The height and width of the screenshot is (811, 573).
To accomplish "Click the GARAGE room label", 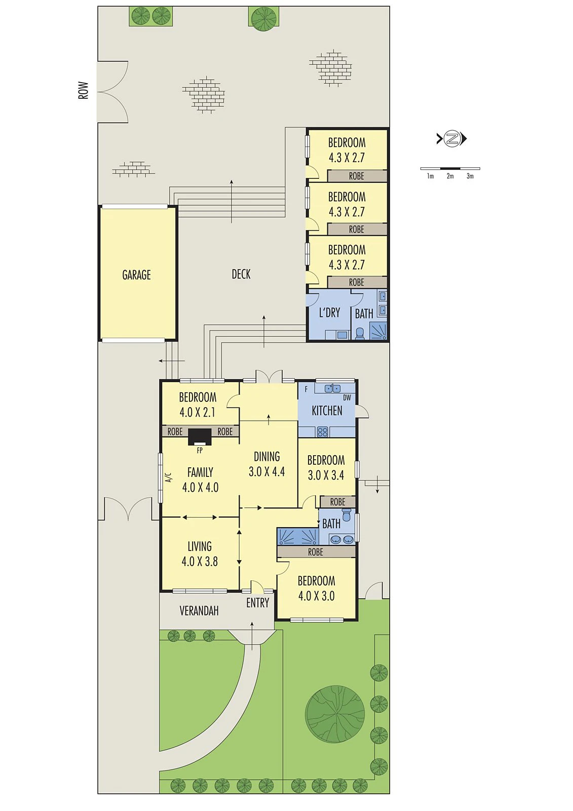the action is [x=136, y=275].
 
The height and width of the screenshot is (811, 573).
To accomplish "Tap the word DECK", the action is [x=241, y=274].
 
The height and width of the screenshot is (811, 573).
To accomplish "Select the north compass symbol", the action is [x=451, y=138].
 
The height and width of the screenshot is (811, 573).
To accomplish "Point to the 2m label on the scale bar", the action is [x=450, y=176].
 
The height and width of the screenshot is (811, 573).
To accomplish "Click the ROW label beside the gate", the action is [x=84, y=90].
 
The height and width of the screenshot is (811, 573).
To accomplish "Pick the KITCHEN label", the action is [x=327, y=411].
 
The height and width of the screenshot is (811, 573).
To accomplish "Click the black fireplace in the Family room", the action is [x=200, y=436].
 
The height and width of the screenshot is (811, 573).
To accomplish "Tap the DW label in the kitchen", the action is [x=347, y=397].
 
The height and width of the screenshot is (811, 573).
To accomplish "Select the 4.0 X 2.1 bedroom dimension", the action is [x=197, y=413].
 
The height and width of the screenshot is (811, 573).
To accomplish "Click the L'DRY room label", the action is [x=329, y=312].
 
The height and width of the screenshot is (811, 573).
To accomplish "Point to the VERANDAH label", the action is [x=199, y=611].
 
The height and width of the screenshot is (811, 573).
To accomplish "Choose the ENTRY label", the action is [x=258, y=603].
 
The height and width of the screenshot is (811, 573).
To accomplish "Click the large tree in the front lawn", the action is [x=335, y=715].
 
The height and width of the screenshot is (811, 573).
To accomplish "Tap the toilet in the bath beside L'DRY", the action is [x=360, y=334].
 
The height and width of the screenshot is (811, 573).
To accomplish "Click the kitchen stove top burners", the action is [x=322, y=432].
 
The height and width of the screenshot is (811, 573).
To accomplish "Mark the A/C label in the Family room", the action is [x=168, y=477].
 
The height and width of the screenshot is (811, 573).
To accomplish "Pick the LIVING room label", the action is [x=200, y=546].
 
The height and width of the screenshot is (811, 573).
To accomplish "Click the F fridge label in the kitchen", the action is [x=306, y=390].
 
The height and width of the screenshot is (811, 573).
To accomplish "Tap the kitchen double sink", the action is [x=333, y=388].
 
